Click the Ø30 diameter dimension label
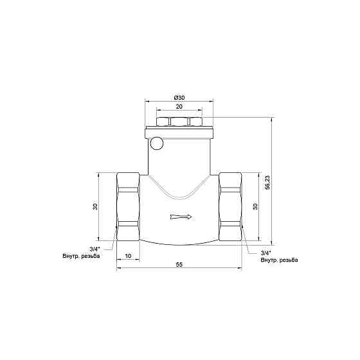tap(179, 97)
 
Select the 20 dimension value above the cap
tap(179, 107)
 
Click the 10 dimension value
tap(128, 256)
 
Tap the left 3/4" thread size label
tap(94, 249)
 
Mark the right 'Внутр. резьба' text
tap(279, 260)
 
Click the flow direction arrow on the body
tap(181, 217)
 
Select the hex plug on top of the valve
tap(179, 122)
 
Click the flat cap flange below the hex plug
tap(179, 132)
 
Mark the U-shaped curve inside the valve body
tap(180, 192)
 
